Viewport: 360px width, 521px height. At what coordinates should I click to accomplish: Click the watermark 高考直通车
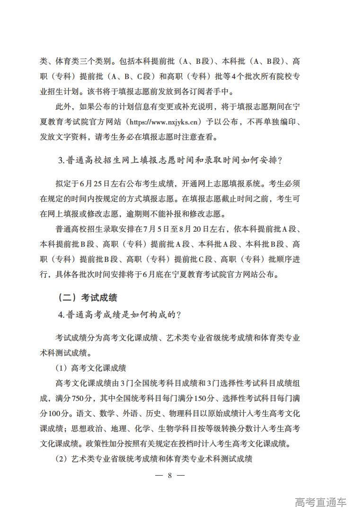(320, 502)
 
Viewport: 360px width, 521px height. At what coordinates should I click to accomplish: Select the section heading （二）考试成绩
(87, 297)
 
